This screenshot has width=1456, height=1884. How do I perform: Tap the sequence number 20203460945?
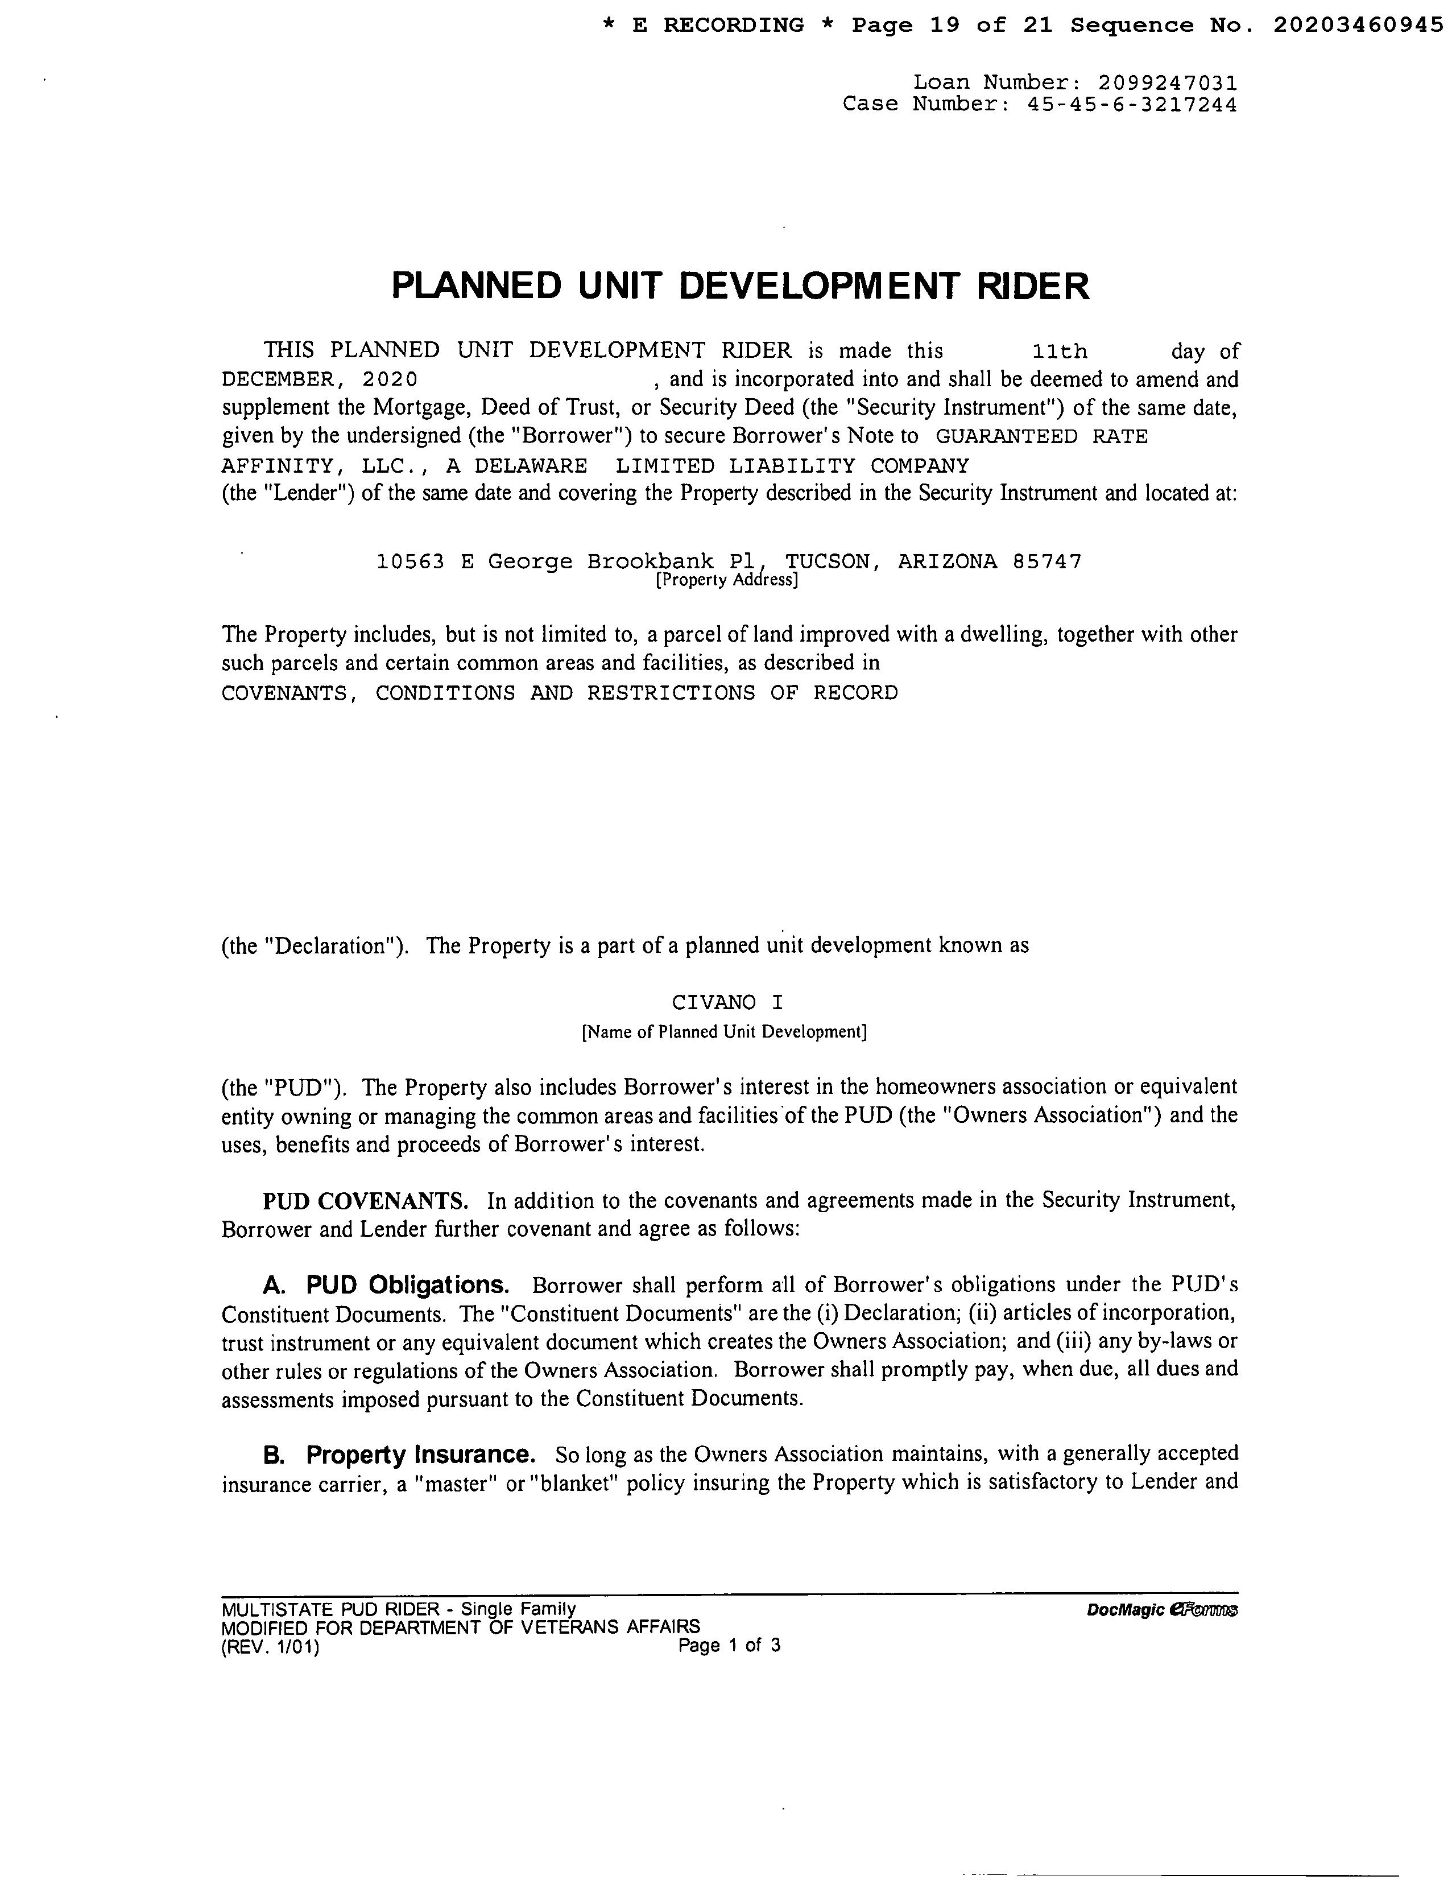click(1358, 25)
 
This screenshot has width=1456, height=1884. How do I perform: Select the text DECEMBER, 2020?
click(320, 379)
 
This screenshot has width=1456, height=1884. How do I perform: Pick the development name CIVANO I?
click(727, 1002)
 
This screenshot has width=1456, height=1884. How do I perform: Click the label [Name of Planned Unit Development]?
click(725, 1032)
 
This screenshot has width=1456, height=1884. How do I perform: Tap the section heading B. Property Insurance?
click(399, 1455)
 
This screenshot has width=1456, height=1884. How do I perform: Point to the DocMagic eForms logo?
click(1163, 1610)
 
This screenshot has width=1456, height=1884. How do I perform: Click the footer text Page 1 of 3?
click(729, 1645)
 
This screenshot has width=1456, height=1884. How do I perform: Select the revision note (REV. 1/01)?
click(270, 1647)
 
